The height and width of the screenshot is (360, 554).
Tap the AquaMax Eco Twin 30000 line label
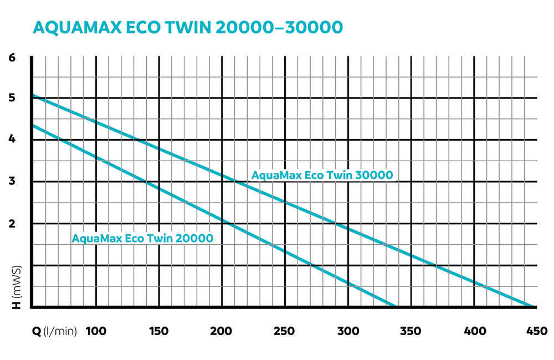click(x=322, y=175)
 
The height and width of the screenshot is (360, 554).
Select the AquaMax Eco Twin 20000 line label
click(x=142, y=239)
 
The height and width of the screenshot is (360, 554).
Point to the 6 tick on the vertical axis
click(x=12, y=56)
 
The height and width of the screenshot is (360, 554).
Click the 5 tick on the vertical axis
click(x=12, y=98)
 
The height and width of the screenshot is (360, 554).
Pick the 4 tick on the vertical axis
click(x=12, y=140)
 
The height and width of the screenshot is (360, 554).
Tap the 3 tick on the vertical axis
click(x=12, y=182)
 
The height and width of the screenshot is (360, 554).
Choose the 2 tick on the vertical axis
click(x=12, y=223)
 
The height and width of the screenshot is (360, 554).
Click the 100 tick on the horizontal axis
click(x=96, y=331)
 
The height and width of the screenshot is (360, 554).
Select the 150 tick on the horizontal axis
click(x=159, y=331)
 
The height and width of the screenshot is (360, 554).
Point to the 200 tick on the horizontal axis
click(x=222, y=331)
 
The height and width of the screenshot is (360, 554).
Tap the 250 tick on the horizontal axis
click(x=285, y=331)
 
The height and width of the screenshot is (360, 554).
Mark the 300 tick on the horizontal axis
click(x=348, y=331)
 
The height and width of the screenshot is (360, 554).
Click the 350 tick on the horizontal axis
click(x=411, y=331)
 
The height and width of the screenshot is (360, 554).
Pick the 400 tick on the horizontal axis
click(x=474, y=331)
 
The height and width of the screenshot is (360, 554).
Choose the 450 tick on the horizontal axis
click(x=535, y=331)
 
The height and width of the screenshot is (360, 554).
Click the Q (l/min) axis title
click(x=55, y=331)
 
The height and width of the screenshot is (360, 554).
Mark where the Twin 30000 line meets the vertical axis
click(x=33, y=96)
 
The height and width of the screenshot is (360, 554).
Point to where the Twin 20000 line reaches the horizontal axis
click(x=394, y=306)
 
